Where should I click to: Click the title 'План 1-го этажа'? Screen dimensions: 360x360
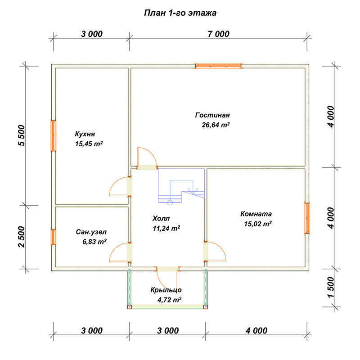180,13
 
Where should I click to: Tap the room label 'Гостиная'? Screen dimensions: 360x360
212,115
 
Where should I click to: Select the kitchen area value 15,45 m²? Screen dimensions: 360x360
89,144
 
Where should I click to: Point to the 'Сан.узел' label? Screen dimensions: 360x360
91,232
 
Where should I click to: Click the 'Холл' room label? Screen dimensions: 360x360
161,218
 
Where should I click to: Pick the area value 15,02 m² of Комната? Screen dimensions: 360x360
258,224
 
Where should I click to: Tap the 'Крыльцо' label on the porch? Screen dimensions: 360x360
166,290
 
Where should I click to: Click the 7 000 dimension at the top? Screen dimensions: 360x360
218,34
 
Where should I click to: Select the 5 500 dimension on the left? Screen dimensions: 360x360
21,135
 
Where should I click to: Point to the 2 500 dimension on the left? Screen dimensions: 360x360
21,237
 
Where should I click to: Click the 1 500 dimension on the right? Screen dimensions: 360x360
331,287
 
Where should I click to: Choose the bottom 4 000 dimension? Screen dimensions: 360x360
256,331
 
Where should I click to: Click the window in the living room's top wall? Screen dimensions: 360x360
218,66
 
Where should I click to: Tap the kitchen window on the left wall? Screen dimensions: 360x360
53,136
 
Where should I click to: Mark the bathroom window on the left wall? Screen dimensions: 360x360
53,237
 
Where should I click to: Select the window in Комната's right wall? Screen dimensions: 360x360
307,218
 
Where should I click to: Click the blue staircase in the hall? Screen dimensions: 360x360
181,186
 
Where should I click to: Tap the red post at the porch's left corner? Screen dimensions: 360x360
130,307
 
